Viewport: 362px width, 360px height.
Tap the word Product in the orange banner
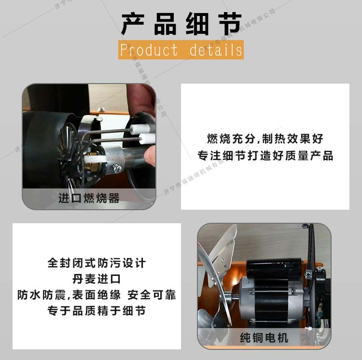(x=149, y=50)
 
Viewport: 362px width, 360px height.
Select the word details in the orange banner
(x=216, y=50)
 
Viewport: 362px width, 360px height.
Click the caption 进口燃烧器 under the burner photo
(x=89, y=198)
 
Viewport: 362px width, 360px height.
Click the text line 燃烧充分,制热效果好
(x=265, y=139)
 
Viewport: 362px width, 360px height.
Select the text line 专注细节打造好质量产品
(x=265, y=156)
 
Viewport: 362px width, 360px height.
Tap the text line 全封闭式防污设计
(x=97, y=263)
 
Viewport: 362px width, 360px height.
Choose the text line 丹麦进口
(x=97, y=279)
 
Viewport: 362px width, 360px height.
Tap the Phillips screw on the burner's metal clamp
(x=117, y=169)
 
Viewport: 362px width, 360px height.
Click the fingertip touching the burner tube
(x=151, y=156)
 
